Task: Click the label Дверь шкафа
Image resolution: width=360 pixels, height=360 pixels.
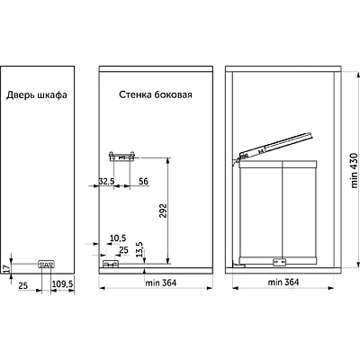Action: click(x=37, y=95)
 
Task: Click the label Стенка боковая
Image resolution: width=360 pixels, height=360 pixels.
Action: click(x=156, y=94)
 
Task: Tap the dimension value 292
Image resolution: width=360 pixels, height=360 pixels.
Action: click(x=163, y=211)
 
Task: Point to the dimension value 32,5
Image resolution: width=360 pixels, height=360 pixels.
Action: click(x=106, y=181)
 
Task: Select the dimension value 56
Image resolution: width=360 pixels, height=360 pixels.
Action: click(x=144, y=181)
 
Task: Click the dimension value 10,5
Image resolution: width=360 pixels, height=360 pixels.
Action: click(x=118, y=238)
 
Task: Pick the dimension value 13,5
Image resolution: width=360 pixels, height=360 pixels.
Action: click(x=139, y=249)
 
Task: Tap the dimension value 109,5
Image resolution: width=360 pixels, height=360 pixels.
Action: click(x=63, y=283)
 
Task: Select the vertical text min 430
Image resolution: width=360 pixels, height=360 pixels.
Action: click(x=355, y=170)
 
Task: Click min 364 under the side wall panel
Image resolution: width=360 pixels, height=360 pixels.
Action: click(x=161, y=283)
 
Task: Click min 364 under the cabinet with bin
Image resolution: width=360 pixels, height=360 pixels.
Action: click(x=283, y=282)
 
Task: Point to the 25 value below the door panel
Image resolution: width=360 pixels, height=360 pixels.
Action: click(x=22, y=285)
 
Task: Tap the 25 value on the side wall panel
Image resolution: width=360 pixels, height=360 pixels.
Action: click(x=123, y=250)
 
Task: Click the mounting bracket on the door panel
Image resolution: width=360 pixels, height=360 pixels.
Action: click(x=46, y=264)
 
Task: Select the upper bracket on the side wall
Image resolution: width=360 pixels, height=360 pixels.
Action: click(x=121, y=157)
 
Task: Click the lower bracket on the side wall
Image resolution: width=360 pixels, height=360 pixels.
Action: click(x=111, y=264)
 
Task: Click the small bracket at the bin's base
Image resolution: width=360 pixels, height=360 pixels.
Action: click(x=279, y=262)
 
